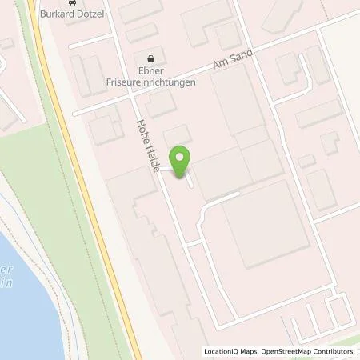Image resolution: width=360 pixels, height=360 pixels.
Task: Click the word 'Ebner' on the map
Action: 151,70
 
